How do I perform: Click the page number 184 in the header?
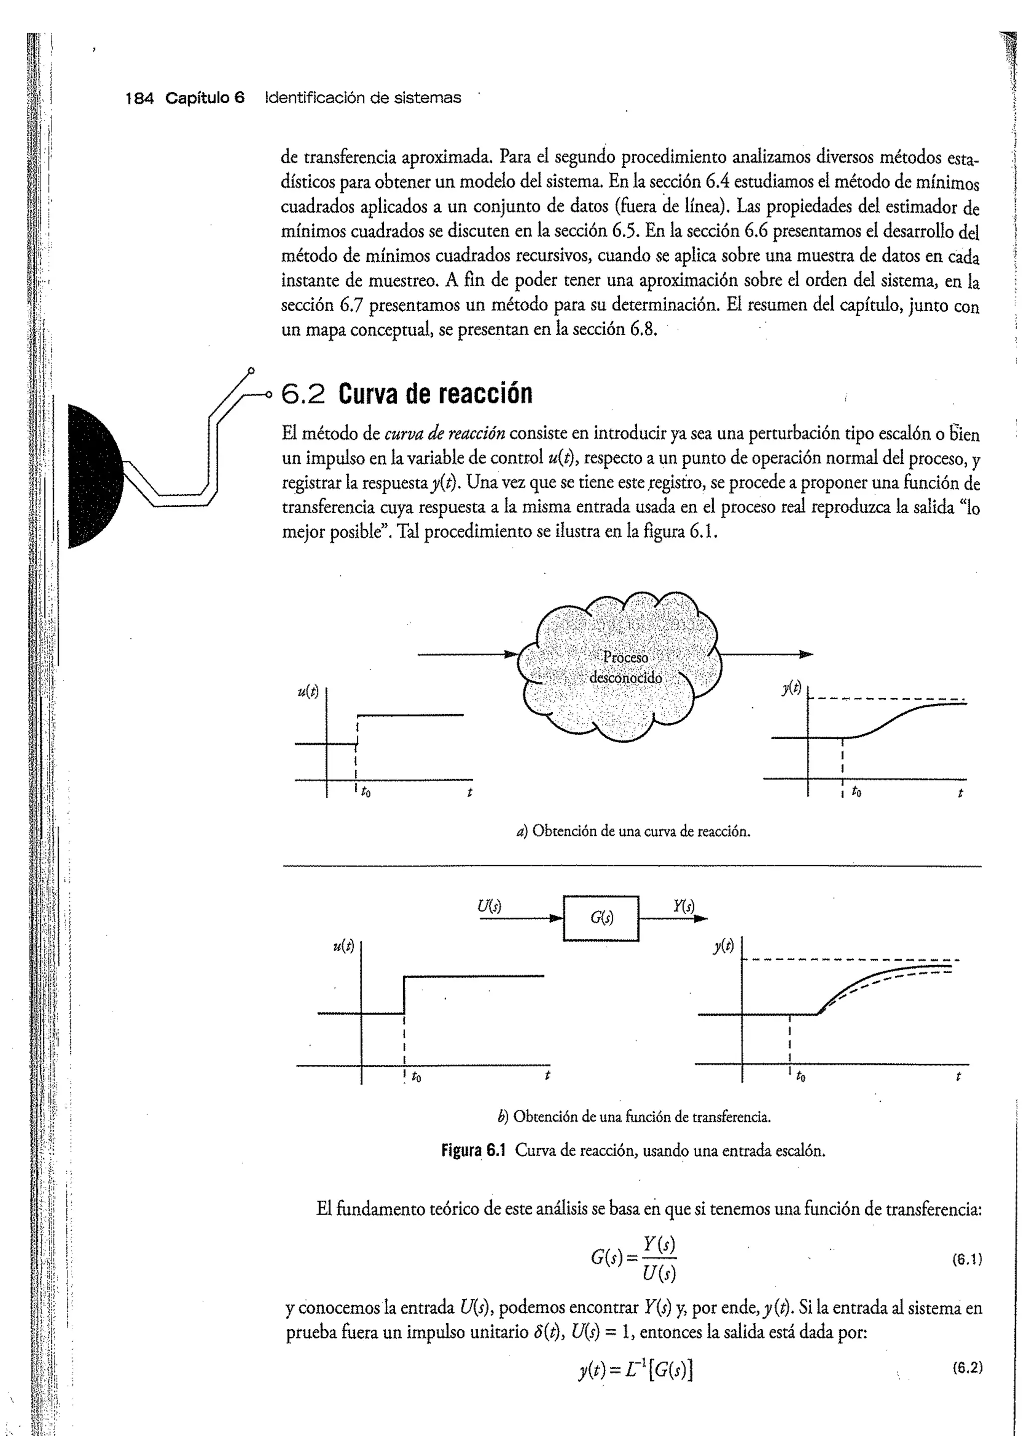coord(139,98)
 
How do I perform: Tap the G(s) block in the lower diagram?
coord(601,918)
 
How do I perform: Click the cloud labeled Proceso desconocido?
coord(620,667)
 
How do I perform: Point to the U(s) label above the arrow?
coord(489,906)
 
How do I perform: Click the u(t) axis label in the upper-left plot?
coord(308,692)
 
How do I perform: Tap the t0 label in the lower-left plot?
coord(417,1077)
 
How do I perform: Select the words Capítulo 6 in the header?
coord(205,98)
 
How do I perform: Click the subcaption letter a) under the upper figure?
coord(521,831)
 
